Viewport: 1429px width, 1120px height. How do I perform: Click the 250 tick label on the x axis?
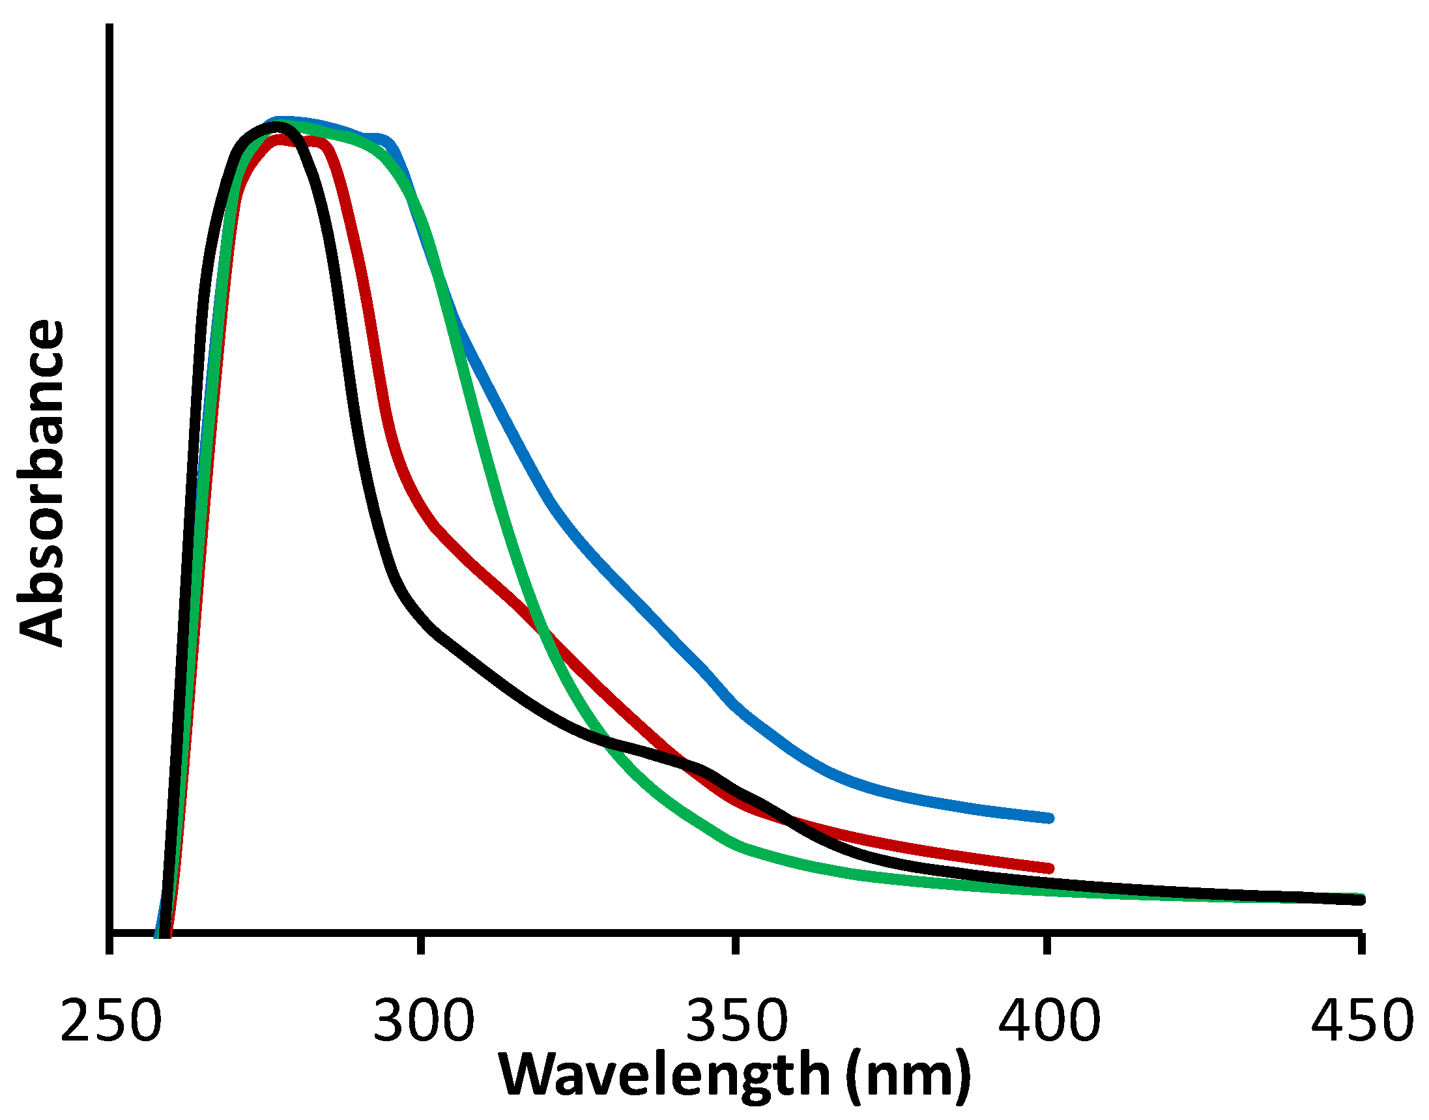coord(110,1021)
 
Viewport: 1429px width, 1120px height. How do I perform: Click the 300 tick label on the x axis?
coord(423,1021)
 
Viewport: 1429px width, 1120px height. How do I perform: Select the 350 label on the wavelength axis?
coord(736,1021)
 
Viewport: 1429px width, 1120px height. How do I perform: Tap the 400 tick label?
coord(1048,1021)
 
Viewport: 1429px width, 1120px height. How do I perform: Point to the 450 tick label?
coord(1361,1021)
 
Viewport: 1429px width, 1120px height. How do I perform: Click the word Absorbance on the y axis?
coord(40,484)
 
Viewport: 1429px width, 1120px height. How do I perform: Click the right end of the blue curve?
coord(1049,818)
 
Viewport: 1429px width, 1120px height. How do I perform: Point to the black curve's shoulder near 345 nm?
coord(699,768)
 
